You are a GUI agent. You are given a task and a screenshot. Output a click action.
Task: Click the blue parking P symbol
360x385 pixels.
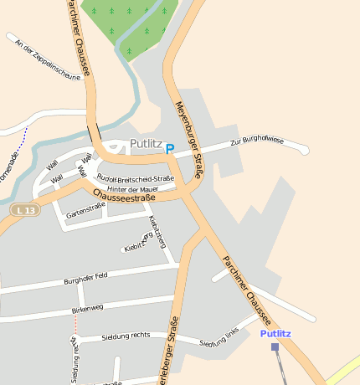tap(170, 149)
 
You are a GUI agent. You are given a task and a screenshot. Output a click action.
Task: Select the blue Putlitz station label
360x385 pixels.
tap(275, 333)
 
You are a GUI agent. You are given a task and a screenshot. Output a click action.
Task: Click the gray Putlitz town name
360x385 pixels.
tap(147, 144)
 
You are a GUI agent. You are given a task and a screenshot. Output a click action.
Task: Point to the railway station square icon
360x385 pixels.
tap(275, 346)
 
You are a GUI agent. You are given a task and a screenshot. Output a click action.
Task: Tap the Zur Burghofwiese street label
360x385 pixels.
tap(257, 141)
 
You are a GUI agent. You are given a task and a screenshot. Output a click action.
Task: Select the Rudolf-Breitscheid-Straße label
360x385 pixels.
tap(136, 178)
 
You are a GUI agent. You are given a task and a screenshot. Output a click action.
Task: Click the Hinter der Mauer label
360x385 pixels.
tap(133, 189)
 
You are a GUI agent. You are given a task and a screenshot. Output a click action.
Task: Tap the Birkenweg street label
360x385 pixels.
tap(87, 309)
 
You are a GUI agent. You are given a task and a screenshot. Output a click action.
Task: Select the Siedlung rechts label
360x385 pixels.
tap(126, 335)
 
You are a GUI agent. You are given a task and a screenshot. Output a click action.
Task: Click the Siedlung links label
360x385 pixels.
tap(219, 340)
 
